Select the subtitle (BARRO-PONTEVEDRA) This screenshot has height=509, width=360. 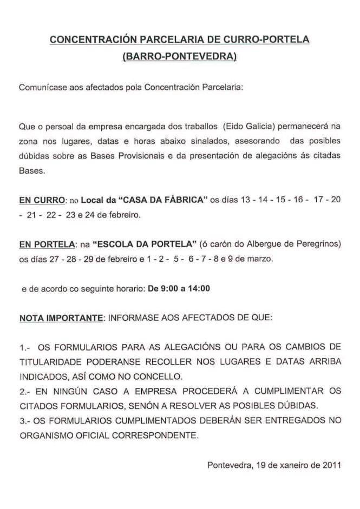[x=180, y=56]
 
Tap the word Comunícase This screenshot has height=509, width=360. [x=41, y=87]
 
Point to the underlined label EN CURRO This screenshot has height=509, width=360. [x=42, y=200]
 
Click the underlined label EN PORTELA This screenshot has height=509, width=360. [x=46, y=244]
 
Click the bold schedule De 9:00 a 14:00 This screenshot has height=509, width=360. [x=179, y=288]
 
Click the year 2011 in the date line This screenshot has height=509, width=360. [x=331, y=464]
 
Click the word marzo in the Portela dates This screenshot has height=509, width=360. [x=262, y=259]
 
